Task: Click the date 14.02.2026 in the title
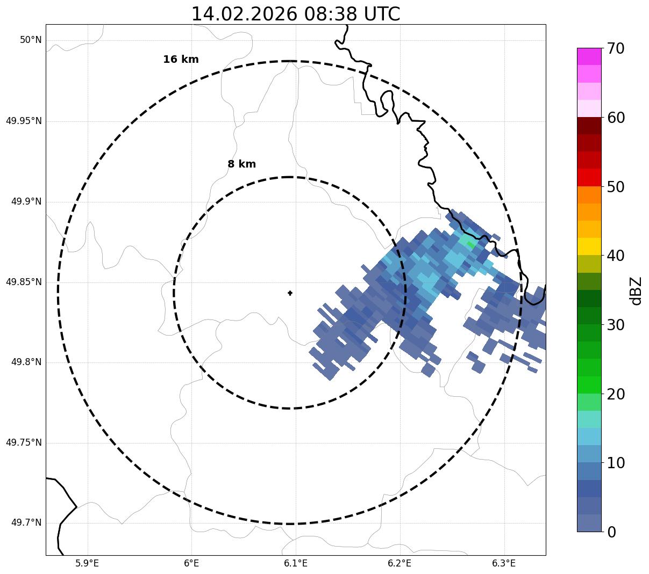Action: (244, 14)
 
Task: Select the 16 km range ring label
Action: (181, 60)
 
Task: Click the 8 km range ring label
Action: (241, 164)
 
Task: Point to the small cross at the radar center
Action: (290, 293)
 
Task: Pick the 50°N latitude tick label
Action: (31, 40)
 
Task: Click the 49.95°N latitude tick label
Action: (24, 121)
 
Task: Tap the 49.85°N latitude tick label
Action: (24, 282)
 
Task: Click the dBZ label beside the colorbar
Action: (636, 290)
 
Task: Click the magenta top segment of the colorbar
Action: (589, 56)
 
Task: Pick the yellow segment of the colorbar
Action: (589, 246)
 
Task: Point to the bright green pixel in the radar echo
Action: (470, 245)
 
